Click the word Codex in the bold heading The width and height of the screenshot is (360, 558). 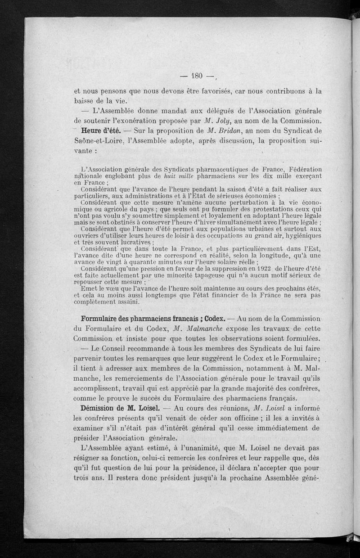click(x=210, y=319)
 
